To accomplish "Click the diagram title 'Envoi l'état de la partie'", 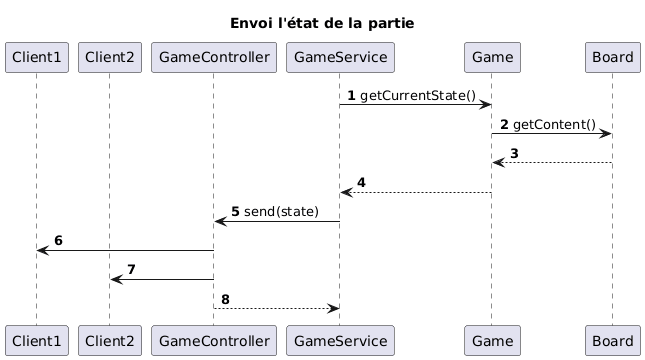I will click(x=322, y=22).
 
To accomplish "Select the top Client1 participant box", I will click(x=36, y=58).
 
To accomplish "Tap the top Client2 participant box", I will click(x=110, y=58).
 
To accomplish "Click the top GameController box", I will click(x=213, y=58).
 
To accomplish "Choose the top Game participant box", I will click(x=491, y=58).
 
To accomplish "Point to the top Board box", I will click(x=611, y=58).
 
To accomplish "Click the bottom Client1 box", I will click(x=36, y=339).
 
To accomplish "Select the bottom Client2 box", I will click(x=110, y=339).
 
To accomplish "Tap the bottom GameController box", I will click(x=213, y=339).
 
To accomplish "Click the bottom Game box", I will click(x=491, y=339).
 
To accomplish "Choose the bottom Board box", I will click(x=611, y=339).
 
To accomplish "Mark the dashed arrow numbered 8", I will click(x=276, y=308).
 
